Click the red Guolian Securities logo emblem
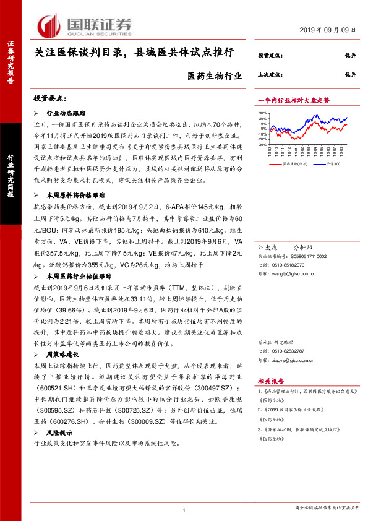[50, 24]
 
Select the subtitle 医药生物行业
[211, 77]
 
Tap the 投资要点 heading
[50, 99]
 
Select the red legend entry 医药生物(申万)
[291, 165]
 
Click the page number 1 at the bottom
[184, 509]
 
